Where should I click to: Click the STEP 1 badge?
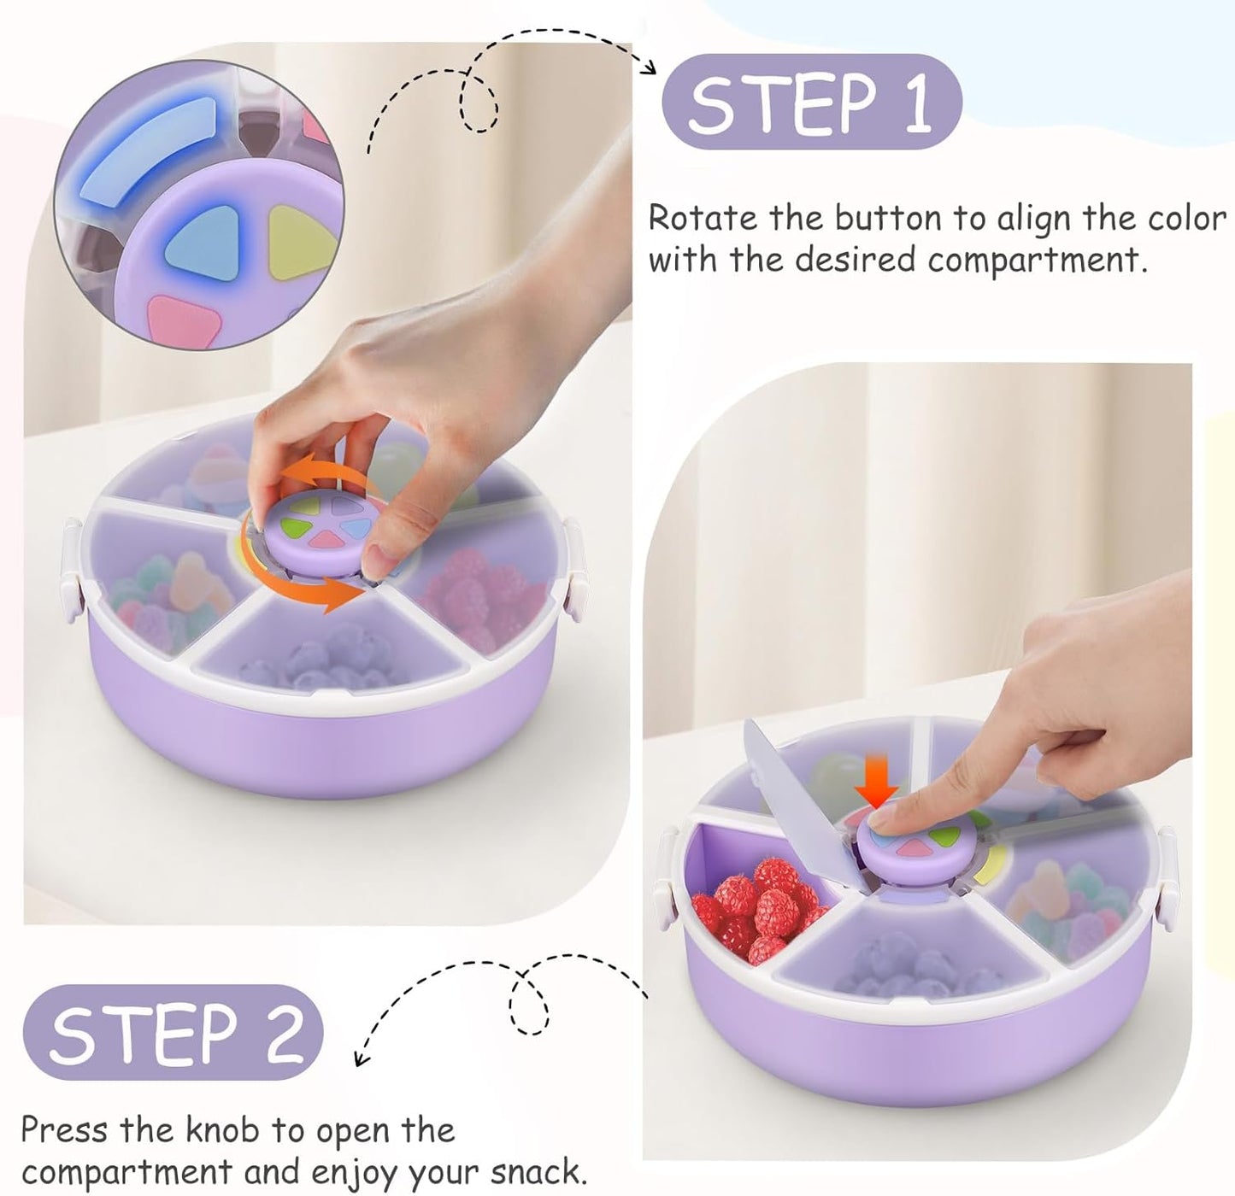(x=811, y=103)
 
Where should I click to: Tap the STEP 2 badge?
(x=173, y=1033)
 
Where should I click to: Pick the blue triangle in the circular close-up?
(x=203, y=239)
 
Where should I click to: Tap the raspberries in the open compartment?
(x=756, y=906)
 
